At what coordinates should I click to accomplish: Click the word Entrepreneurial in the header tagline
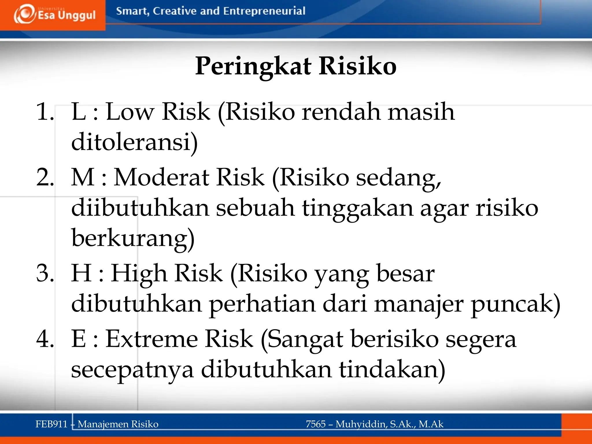coord(264,11)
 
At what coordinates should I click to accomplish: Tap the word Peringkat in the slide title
coord(253,66)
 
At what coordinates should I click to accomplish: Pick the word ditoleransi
coord(134,142)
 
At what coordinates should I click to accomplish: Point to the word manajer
coord(419,304)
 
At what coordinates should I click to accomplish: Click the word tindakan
coord(392,370)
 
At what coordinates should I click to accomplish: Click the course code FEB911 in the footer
coord(51,424)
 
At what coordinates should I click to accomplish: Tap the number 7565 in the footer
coord(316,424)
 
